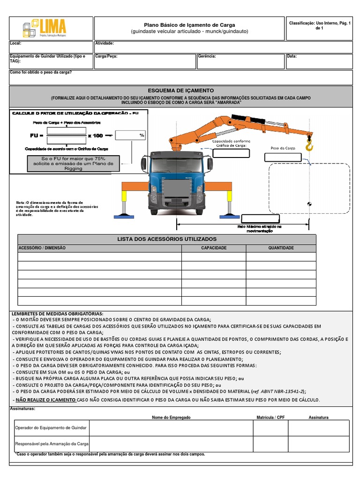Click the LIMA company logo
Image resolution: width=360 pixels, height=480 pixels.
tap(45, 29)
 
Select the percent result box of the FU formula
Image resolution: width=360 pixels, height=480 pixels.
tap(131, 135)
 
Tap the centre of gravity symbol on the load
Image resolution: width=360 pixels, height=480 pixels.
tap(308, 203)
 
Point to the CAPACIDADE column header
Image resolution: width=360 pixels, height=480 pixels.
tap(214, 248)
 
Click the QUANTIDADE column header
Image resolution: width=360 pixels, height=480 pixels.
tap(281, 248)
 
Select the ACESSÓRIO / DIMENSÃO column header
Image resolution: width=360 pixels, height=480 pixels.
tap(42, 248)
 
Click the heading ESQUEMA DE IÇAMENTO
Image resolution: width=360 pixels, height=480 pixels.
tap(180, 90)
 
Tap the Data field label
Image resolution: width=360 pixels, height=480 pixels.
tap(292, 56)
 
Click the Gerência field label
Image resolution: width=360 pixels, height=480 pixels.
tap(207, 56)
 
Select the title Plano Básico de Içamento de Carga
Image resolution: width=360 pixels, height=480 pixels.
tap(189, 25)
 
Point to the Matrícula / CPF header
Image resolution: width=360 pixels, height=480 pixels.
tap(270, 417)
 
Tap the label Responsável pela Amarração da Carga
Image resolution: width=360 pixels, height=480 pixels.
tap(52, 443)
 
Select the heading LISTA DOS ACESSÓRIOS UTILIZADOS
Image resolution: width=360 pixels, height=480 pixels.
tap(167, 239)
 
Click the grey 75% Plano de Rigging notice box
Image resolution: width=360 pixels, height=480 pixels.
tap(78, 164)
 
